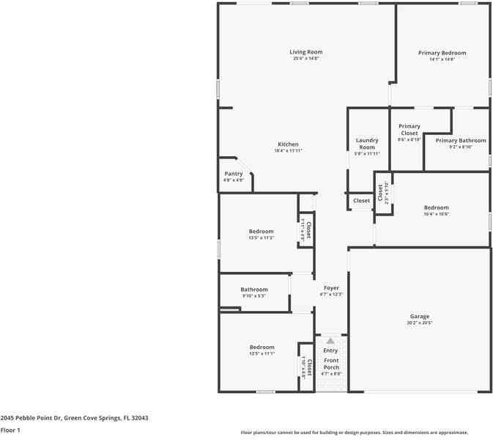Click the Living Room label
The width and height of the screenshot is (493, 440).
click(305, 52)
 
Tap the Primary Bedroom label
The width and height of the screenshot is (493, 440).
click(442, 53)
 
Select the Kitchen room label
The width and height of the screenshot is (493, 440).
click(288, 144)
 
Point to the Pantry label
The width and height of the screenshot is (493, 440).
click(233, 174)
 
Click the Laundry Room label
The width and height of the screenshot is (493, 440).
click(367, 144)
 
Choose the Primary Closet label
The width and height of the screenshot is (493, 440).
click(409, 129)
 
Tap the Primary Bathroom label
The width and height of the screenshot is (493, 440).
click(460, 140)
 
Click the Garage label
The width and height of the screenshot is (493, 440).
click(419, 317)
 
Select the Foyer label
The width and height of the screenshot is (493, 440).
click(331, 288)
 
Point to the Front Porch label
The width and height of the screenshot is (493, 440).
click(331, 364)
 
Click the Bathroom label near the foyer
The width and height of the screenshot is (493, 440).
click(254, 290)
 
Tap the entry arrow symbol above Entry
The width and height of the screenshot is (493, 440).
click(330, 341)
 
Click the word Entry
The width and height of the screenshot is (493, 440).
click(331, 351)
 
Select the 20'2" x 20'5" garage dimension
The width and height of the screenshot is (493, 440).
click(419, 323)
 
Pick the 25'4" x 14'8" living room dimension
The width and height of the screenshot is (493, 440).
click(305, 59)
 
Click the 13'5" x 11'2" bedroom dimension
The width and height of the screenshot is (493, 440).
click(261, 238)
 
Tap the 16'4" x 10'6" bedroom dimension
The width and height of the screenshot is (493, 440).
click(436, 214)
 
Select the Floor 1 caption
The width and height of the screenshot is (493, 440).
click(10, 430)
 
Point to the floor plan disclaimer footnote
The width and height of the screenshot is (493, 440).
click(355, 433)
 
